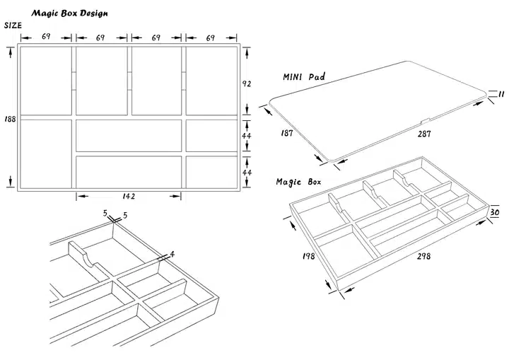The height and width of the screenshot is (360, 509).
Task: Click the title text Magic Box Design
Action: click(x=69, y=13)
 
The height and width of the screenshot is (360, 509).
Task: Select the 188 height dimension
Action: click(x=10, y=118)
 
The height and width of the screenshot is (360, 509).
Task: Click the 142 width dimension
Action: click(x=129, y=196)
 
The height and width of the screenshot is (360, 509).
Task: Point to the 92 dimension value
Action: click(x=247, y=83)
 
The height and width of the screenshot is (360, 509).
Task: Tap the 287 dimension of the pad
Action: click(x=423, y=132)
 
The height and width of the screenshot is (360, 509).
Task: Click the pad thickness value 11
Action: click(x=500, y=94)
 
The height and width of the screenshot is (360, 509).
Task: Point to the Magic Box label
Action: click(x=298, y=182)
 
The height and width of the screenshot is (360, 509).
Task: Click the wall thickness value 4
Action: click(x=172, y=252)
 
